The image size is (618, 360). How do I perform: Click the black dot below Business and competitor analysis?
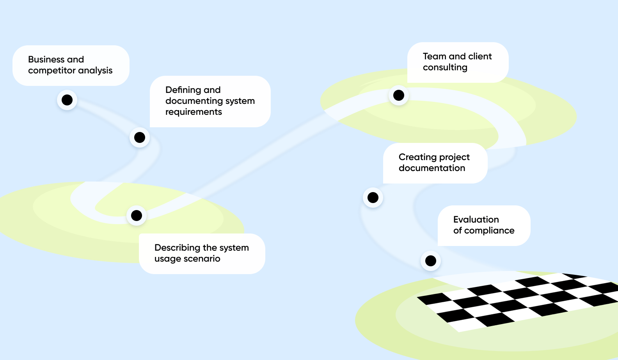pyautogui.click(x=67, y=100)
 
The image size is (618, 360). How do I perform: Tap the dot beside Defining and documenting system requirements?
pyautogui.click(x=140, y=137)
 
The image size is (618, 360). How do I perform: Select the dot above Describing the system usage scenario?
pyautogui.click(x=136, y=216)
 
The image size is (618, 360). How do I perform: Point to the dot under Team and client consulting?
pyautogui.click(x=399, y=95)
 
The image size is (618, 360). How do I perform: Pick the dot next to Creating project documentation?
pyautogui.click(x=373, y=198)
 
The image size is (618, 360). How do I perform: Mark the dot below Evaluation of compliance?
pyautogui.click(x=431, y=261)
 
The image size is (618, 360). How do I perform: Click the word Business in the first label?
pyautogui.click(x=46, y=59)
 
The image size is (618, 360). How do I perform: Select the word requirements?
pyautogui.click(x=194, y=112)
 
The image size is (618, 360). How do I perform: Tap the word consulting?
pyautogui.click(x=445, y=68)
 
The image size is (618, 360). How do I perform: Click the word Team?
pyautogui.click(x=435, y=56)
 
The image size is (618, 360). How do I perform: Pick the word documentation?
pyautogui.click(x=432, y=168)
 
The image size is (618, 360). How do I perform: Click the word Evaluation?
pyautogui.click(x=476, y=219)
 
